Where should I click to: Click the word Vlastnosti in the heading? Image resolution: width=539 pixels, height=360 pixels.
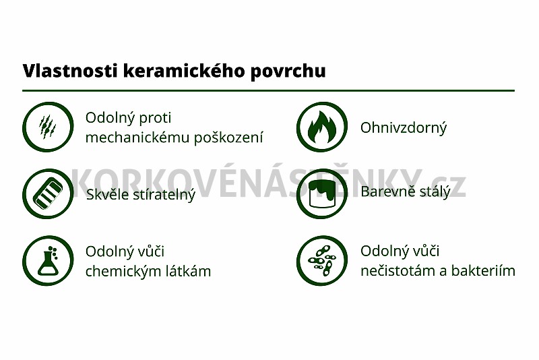70,71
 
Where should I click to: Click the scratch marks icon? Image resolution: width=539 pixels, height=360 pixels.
48,127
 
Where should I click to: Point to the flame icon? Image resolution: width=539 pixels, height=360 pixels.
322,127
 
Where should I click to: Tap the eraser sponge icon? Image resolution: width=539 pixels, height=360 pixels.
48,194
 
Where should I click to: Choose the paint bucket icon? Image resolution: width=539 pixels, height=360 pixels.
322,194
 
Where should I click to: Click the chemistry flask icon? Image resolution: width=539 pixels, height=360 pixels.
48,261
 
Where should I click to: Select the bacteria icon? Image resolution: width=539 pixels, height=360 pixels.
322,261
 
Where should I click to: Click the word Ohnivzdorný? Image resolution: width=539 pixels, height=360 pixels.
404,128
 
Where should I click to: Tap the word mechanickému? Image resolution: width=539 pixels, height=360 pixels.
137,138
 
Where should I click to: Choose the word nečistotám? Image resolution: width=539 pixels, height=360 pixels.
398,271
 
